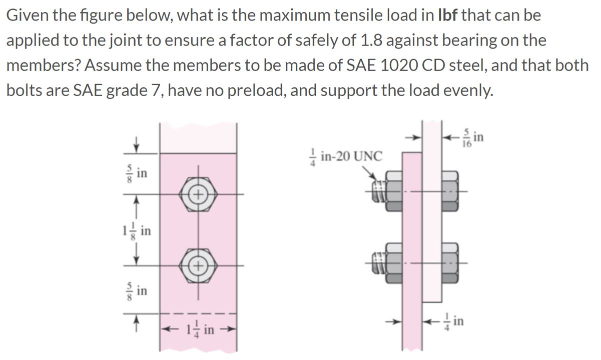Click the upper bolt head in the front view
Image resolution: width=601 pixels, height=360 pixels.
click(x=198, y=194)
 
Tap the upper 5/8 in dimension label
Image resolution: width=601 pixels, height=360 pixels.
click(x=138, y=173)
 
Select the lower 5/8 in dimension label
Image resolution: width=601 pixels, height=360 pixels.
click(x=138, y=290)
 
